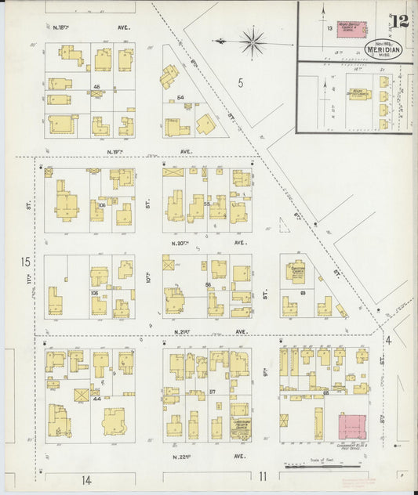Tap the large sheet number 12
401,20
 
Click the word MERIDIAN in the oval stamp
384,48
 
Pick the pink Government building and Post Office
354,427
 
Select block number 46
97,86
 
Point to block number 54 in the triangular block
180,97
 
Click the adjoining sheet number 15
26,261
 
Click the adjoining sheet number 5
240,82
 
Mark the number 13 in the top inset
329,27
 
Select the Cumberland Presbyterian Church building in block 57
242,429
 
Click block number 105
95,292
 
